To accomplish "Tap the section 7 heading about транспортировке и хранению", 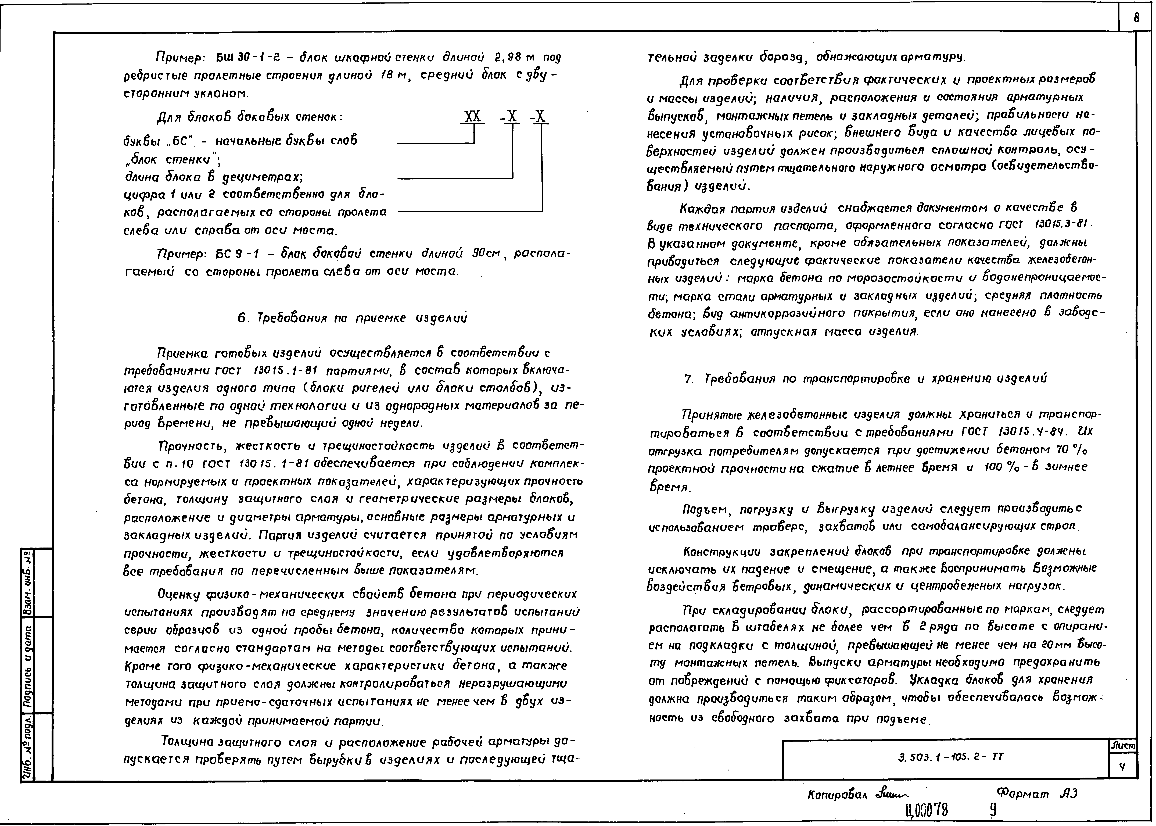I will tap(866, 379).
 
